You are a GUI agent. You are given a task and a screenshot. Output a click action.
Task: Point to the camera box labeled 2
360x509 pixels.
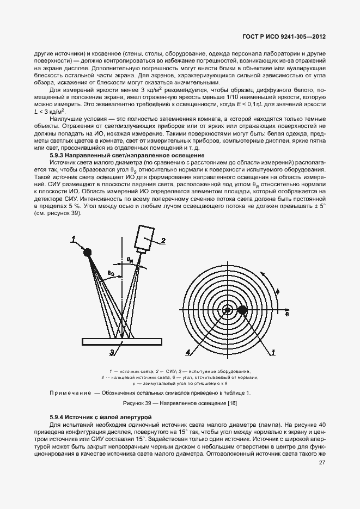(x=146, y=237)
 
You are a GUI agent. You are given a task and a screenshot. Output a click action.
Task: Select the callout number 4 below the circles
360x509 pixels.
(x=187, y=353)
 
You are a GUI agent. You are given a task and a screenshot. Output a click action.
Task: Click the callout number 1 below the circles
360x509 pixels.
(x=272, y=353)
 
